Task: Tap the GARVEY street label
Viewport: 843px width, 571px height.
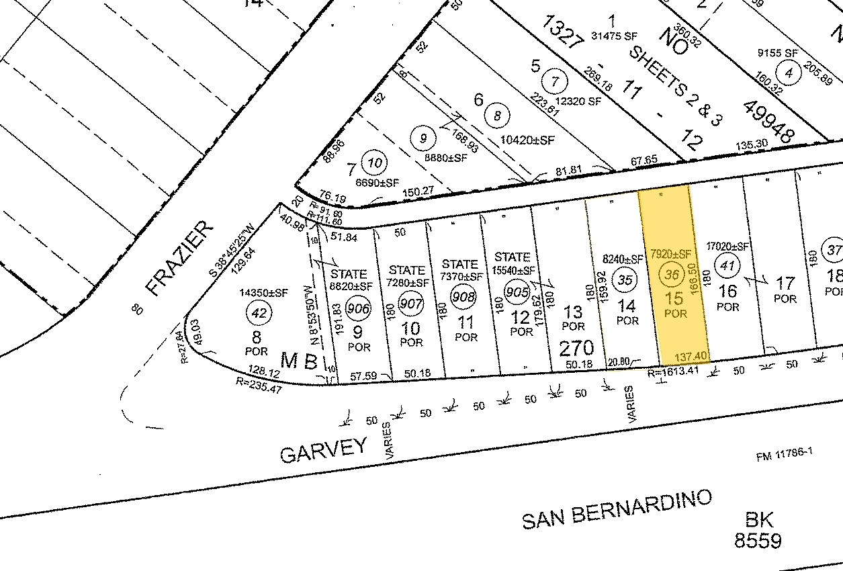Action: [x=324, y=449]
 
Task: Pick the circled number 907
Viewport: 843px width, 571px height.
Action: [x=410, y=304]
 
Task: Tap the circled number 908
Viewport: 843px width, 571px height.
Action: [x=463, y=296]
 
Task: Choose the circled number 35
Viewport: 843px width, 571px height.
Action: [x=625, y=281]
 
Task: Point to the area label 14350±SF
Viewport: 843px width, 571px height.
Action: [x=263, y=293]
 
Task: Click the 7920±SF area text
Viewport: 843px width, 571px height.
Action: [x=670, y=254]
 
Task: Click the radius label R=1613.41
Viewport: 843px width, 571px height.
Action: [x=674, y=371]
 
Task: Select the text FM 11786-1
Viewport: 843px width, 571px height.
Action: [x=784, y=455]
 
